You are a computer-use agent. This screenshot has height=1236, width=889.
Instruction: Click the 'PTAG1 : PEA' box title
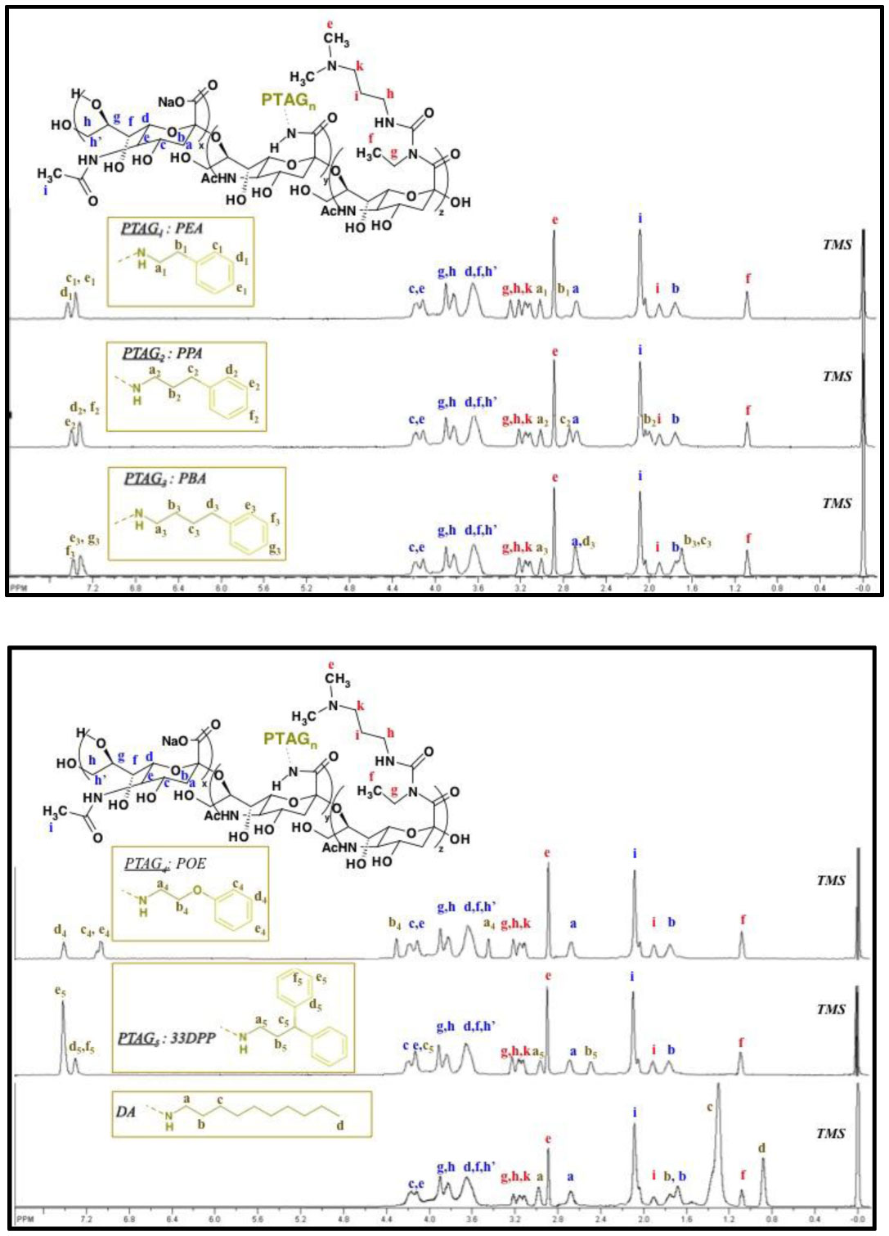click(162, 227)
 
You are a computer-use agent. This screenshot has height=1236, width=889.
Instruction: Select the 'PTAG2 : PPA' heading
click(163, 353)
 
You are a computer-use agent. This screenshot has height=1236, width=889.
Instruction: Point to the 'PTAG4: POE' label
click(165, 864)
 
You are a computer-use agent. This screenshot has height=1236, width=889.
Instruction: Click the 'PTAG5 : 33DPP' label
click(167, 1038)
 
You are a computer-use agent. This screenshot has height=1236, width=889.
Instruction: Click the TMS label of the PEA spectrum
click(837, 244)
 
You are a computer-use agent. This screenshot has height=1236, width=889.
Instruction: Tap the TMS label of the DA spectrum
click(830, 1133)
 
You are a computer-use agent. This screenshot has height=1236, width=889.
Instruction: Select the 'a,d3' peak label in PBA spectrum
click(582, 542)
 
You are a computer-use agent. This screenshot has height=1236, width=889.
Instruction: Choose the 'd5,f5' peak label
click(82, 1046)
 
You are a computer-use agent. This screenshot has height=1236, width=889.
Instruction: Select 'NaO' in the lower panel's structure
click(175, 740)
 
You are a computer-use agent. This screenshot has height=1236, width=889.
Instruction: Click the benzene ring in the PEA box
click(214, 273)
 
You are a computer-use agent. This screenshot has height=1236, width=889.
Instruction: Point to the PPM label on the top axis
click(17, 587)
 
